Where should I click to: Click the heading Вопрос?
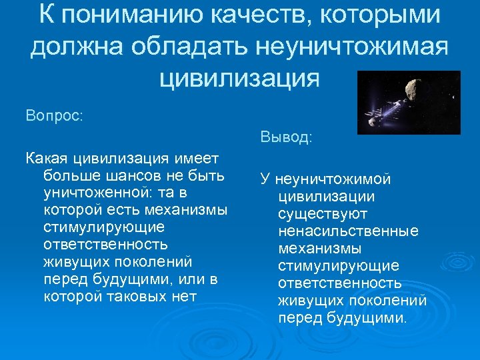tap(54, 115)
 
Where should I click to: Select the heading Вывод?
tap(286, 138)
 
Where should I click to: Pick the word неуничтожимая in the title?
tap(353, 47)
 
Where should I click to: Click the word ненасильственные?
tap(348, 231)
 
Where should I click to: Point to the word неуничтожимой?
tap(331, 179)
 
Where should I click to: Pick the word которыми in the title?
tap(396, 15)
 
